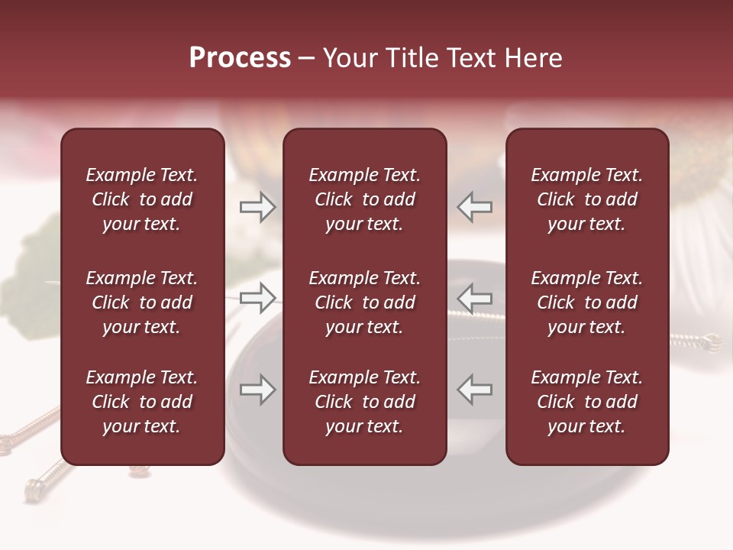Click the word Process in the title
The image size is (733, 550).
coord(240,58)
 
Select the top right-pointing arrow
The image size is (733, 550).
coord(257,207)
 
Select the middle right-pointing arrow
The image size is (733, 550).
coord(257,297)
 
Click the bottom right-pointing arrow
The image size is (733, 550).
coord(257,390)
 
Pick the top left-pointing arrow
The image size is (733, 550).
coord(475,207)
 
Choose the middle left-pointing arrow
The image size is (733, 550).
coord(475,297)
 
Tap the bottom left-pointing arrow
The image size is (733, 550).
coord(475,390)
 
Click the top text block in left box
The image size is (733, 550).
coord(142,199)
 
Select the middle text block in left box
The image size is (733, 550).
coord(142,302)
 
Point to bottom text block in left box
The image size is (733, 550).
coord(142,402)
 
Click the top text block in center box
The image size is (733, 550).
coord(364,199)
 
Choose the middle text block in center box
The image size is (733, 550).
coord(364,302)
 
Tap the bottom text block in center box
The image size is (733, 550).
coord(364,402)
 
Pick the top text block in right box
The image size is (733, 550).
coord(586,199)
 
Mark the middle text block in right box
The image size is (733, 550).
coord(586,302)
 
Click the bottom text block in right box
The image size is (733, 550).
coord(586,402)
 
